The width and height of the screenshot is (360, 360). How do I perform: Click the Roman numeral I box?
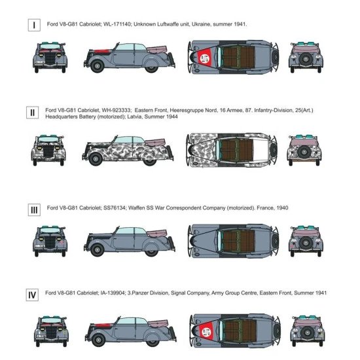34,25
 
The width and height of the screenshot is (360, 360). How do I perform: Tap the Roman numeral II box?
32,113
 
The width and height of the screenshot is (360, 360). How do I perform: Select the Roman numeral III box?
34,210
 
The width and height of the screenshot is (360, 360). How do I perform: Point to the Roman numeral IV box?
32,295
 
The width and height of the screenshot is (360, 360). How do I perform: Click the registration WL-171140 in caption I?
117,24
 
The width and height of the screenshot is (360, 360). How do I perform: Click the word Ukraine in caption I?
201,24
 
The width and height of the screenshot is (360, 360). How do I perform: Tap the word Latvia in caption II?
134,117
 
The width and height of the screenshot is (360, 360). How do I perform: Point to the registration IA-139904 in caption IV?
113,293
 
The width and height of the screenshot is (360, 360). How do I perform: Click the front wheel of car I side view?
97,66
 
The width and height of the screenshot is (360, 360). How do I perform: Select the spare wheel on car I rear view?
306,59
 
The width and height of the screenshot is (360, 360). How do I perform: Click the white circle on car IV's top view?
206,332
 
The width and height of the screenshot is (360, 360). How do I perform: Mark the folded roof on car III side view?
157,233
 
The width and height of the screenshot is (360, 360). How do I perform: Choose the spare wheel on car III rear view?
306,243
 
